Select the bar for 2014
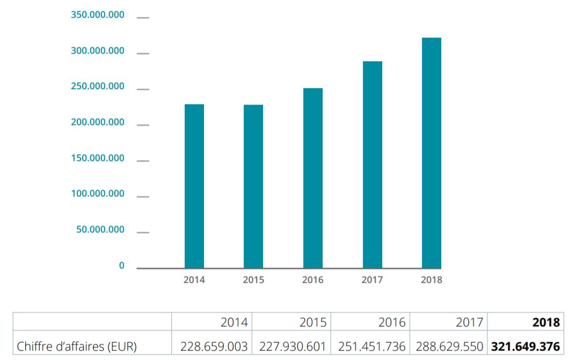pos(194,186)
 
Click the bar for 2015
pos(253,186)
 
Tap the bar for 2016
pos(313,178)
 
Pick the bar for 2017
pos(373,165)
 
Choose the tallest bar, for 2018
pos(432,153)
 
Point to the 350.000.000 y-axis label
pos(98,15)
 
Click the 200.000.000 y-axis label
pos(98,122)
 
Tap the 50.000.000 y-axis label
pos(100,230)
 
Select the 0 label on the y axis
pos(121,266)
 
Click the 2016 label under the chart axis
pos(313,280)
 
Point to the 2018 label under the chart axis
pos(432,280)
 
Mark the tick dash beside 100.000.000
pos(143,197)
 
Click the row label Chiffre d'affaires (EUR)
pos(77,347)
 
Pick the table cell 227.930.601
pos(293,347)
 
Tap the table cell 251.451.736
pos(372,347)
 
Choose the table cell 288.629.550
pos(449,347)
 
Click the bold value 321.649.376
pos(526,347)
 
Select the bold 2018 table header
pos(546,322)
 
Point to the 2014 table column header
pos(234,322)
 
